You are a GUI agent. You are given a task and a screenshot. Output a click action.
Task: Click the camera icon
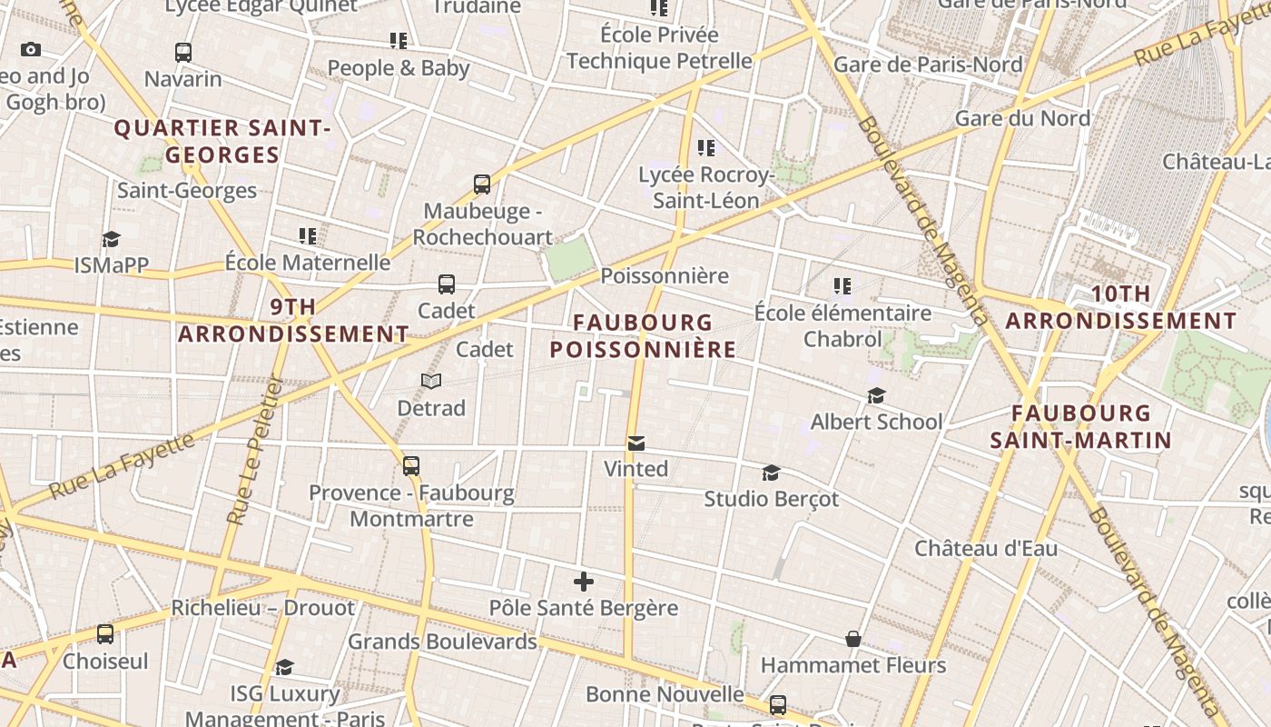(30, 50)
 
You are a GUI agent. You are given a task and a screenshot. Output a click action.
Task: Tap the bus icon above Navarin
(183, 53)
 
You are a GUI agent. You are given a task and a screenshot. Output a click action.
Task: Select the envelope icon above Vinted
(636, 443)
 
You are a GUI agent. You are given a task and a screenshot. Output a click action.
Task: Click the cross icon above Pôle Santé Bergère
(584, 582)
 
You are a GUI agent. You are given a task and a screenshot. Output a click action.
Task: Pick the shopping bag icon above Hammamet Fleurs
(853, 639)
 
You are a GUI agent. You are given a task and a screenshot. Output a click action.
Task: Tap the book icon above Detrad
(431, 382)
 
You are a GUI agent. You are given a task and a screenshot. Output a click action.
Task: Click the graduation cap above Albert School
(876, 395)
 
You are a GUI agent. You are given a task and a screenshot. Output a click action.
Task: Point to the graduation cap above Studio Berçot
(771, 473)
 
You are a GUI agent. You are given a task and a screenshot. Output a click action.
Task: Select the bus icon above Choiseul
(105, 634)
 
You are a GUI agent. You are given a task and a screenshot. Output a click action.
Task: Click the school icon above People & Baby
(398, 41)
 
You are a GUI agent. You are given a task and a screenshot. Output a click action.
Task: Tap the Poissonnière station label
(665, 275)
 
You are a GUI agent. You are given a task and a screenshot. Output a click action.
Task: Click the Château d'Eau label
(985, 548)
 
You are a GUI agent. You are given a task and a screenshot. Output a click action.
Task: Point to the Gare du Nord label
(1022, 118)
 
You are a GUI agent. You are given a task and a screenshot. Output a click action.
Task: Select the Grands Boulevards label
(443, 642)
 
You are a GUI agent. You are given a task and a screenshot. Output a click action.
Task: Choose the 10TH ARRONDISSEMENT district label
(1120, 307)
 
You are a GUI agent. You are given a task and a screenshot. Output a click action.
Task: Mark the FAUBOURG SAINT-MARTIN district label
(1080, 427)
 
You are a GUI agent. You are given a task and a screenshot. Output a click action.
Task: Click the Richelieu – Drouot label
(262, 607)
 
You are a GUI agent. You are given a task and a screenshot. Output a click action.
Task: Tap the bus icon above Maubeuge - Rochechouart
(482, 184)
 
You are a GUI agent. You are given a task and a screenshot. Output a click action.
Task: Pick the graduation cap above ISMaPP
(111, 239)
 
